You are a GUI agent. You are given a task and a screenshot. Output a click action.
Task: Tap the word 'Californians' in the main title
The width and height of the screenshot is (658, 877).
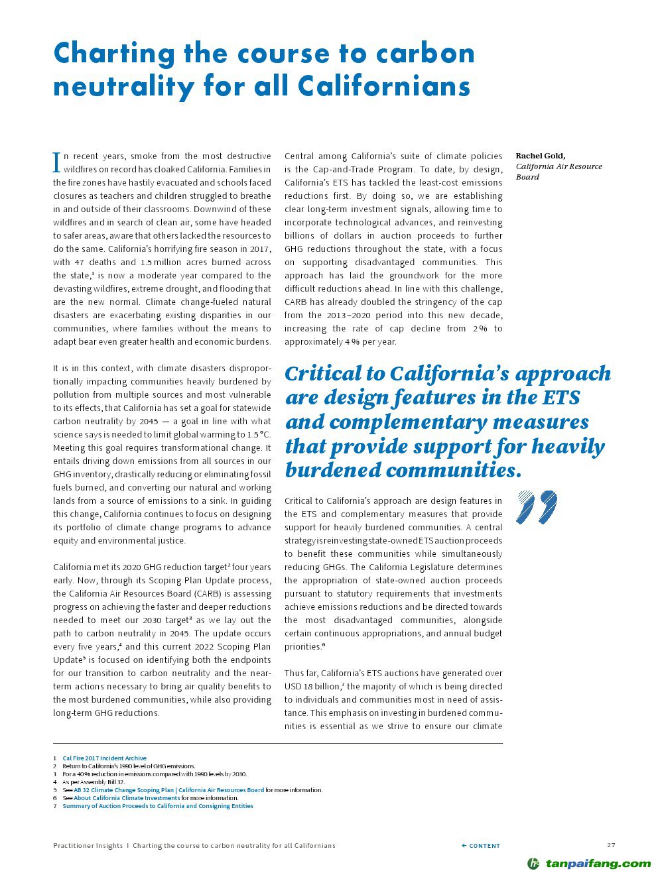click(x=384, y=87)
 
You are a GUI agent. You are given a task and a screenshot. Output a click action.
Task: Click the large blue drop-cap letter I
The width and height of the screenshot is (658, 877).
click(x=56, y=161)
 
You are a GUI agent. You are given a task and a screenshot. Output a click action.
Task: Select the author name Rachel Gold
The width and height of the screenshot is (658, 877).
click(x=540, y=156)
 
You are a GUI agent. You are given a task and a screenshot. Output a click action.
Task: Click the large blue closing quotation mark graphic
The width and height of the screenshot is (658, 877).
click(x=536, y=508)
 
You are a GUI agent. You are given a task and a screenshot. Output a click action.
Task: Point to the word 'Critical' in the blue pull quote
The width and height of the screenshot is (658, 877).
click(x=325, y=374)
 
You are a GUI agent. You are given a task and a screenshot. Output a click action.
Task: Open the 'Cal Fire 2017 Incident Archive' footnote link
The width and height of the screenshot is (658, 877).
click(x=104, y=758)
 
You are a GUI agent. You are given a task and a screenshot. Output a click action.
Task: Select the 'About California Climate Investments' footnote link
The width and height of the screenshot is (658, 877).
click(x=126, y=798)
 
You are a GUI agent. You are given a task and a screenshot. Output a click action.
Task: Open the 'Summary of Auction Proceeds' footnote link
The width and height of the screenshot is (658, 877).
click(x=157, y=806)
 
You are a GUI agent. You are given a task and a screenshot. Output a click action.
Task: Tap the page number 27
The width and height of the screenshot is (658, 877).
click(x=611, y=845)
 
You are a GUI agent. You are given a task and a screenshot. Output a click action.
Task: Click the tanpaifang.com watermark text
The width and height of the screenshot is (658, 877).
click(x=598, y=863)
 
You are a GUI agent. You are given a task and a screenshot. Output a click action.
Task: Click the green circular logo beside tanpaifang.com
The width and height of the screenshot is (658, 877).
click(x=533, y=863)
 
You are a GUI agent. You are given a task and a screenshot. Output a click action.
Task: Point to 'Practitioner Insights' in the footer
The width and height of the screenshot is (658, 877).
click(x=88, y=846)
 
